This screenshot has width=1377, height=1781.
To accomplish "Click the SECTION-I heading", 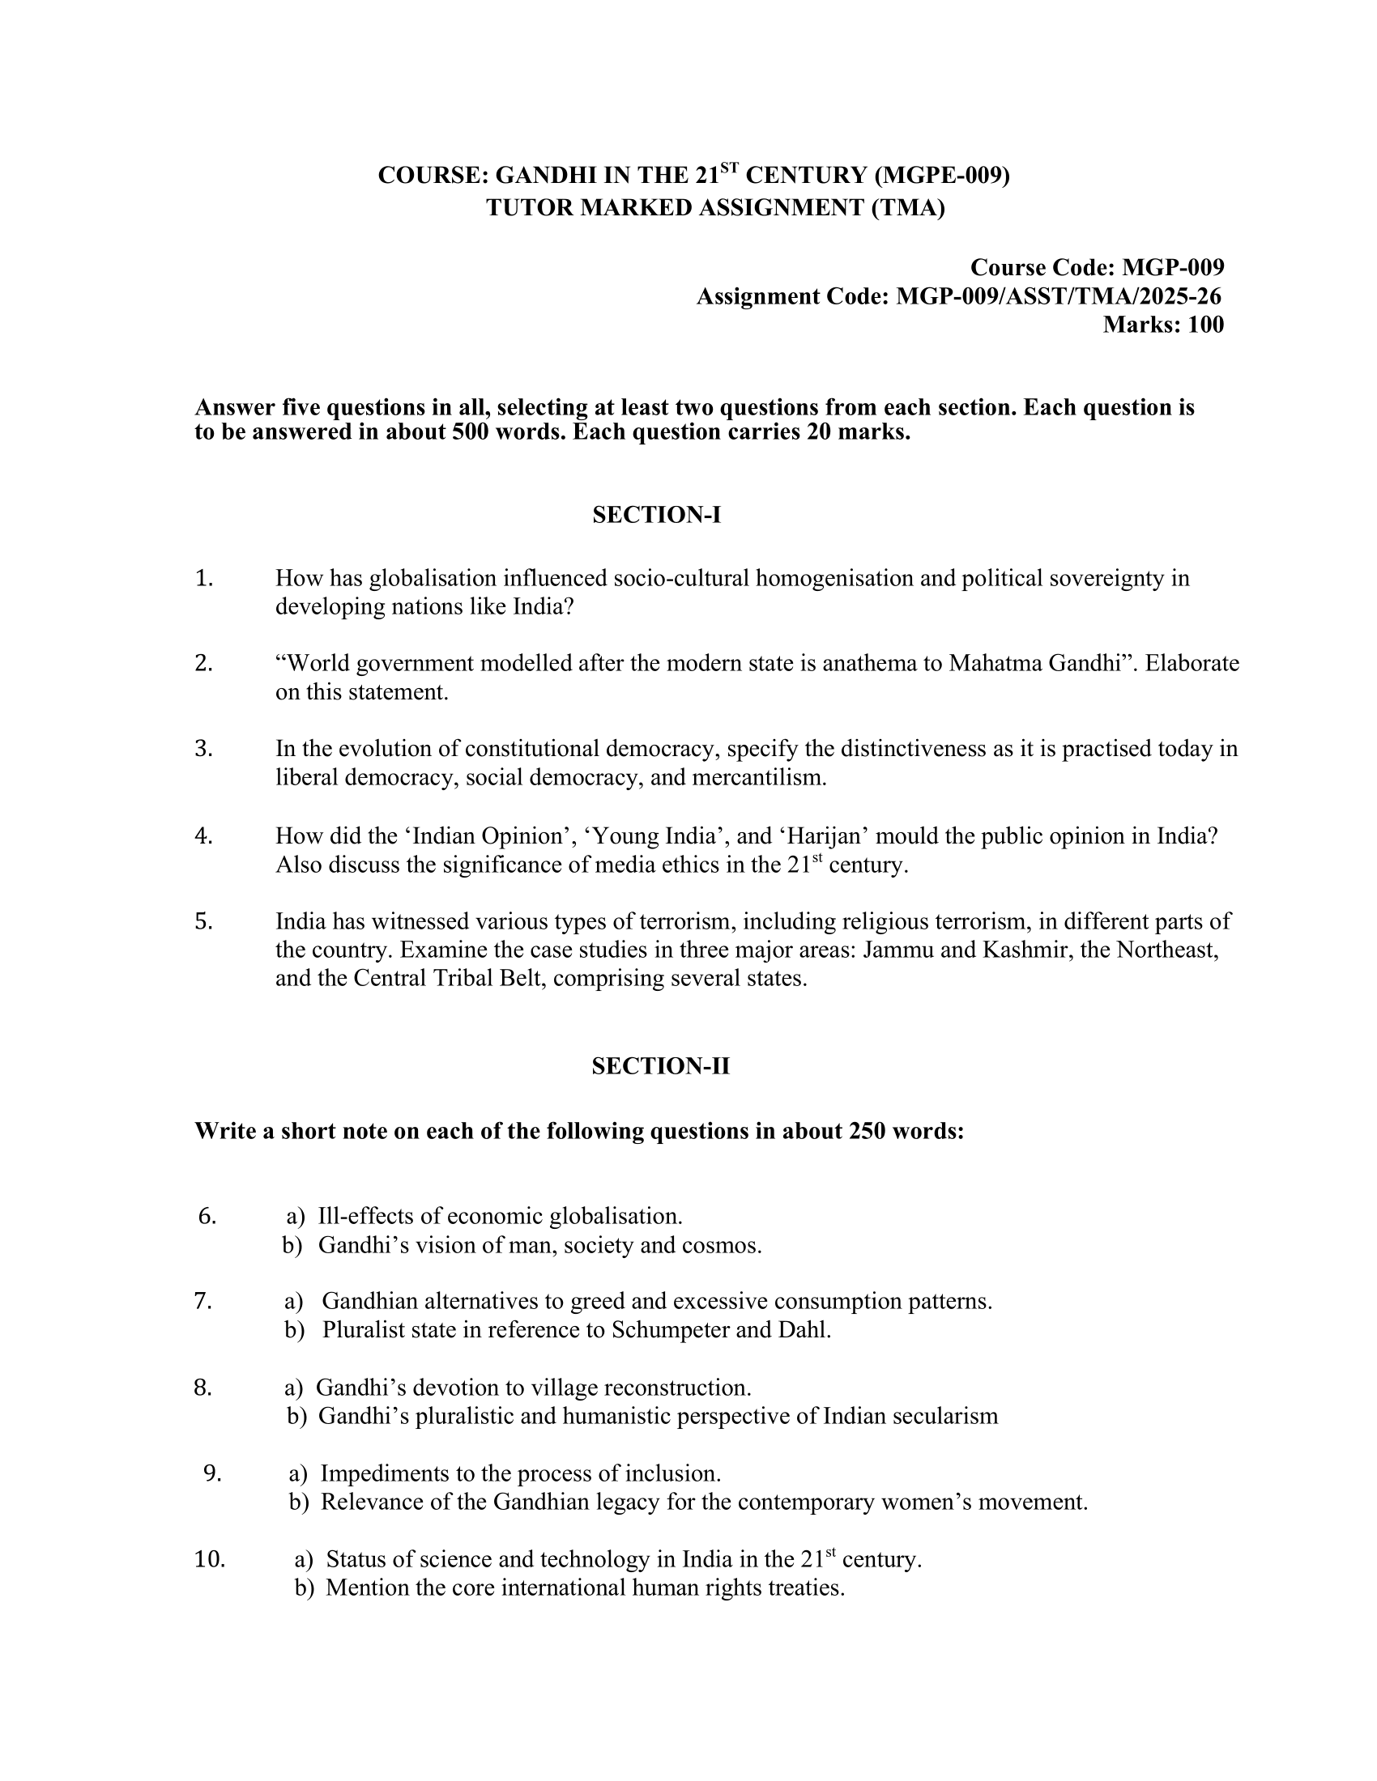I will [657, 516].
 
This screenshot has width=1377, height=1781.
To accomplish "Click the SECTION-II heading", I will [661, 1067].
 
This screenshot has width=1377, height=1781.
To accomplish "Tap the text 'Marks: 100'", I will [1163, 325].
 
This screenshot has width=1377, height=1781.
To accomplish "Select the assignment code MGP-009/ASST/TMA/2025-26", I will [1059, 297].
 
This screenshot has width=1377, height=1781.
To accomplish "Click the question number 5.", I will [204, 921].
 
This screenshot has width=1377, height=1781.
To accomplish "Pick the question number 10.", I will [210, 1559].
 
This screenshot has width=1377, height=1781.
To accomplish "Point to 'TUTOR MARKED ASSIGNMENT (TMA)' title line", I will [715, 208].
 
